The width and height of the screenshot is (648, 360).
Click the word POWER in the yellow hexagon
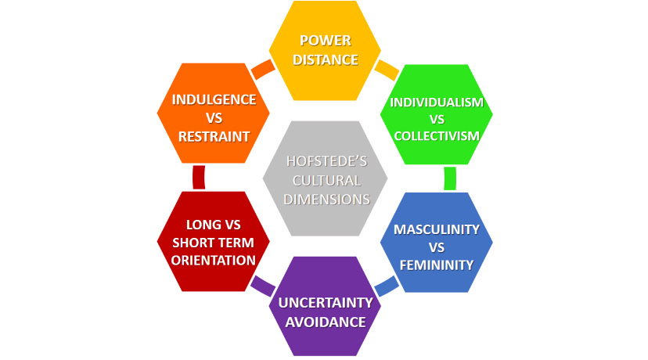325,41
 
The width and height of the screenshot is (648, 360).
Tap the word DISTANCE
325,59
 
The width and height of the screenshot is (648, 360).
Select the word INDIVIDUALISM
437,102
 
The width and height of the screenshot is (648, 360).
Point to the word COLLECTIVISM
437,136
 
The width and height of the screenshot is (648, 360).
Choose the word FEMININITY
437,265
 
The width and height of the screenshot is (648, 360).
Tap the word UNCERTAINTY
325,303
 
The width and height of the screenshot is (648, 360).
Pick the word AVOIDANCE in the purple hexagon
325,322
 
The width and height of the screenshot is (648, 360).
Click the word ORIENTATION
213,260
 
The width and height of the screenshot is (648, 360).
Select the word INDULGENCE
214,99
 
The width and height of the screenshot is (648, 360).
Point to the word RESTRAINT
214,136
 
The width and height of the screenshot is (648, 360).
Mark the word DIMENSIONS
325,199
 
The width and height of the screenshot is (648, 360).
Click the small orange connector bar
262,70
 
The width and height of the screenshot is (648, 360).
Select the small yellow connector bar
386,70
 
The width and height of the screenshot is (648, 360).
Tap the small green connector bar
450,178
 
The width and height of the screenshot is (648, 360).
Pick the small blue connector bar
387,286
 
